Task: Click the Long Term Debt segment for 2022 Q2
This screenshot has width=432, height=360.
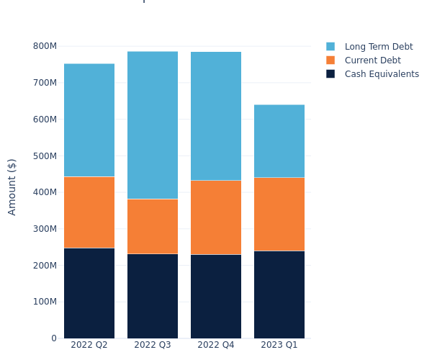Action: coord(89,120)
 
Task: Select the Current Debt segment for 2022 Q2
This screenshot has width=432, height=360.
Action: coord(89,212)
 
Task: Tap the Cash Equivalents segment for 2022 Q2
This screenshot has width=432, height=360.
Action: coord(89,293)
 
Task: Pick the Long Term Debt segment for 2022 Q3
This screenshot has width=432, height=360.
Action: coord(153,125)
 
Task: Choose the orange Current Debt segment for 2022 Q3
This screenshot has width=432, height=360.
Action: coord(153,226)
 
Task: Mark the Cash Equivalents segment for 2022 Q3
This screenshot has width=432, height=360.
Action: coord(153,296)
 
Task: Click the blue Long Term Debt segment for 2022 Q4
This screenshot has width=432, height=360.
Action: coord(216,116)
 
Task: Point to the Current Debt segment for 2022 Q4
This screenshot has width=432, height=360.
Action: coord(216,217)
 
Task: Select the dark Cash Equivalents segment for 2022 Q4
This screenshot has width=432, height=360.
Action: coord(216,297)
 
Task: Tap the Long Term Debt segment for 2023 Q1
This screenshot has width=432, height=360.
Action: coord(279,141)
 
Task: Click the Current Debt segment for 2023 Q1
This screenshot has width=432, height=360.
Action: coord(279,214)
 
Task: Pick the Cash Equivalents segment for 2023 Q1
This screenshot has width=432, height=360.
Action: coord(279,294)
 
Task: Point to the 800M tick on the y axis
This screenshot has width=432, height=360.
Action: coord(45,46)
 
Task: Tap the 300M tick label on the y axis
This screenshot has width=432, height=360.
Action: coord(45,229)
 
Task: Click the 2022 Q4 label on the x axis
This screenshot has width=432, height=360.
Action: coord(216,346)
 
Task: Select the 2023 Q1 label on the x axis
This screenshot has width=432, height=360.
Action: coord(279,346)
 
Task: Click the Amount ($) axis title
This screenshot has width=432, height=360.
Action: coord(12,186)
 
